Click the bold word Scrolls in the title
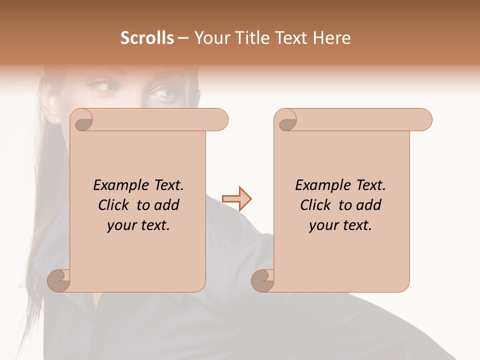tap(147, 38)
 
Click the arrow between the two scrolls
tap(236, 199)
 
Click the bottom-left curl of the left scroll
tap(59, 280)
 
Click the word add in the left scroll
tap(167, 205)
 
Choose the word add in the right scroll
tap(369, 205)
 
